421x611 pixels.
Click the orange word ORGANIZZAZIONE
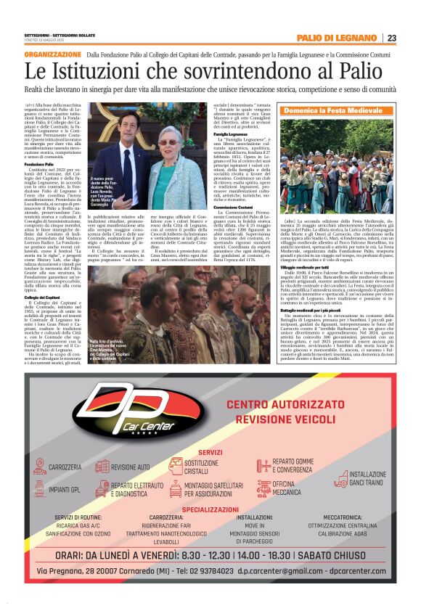coord(52,54)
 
